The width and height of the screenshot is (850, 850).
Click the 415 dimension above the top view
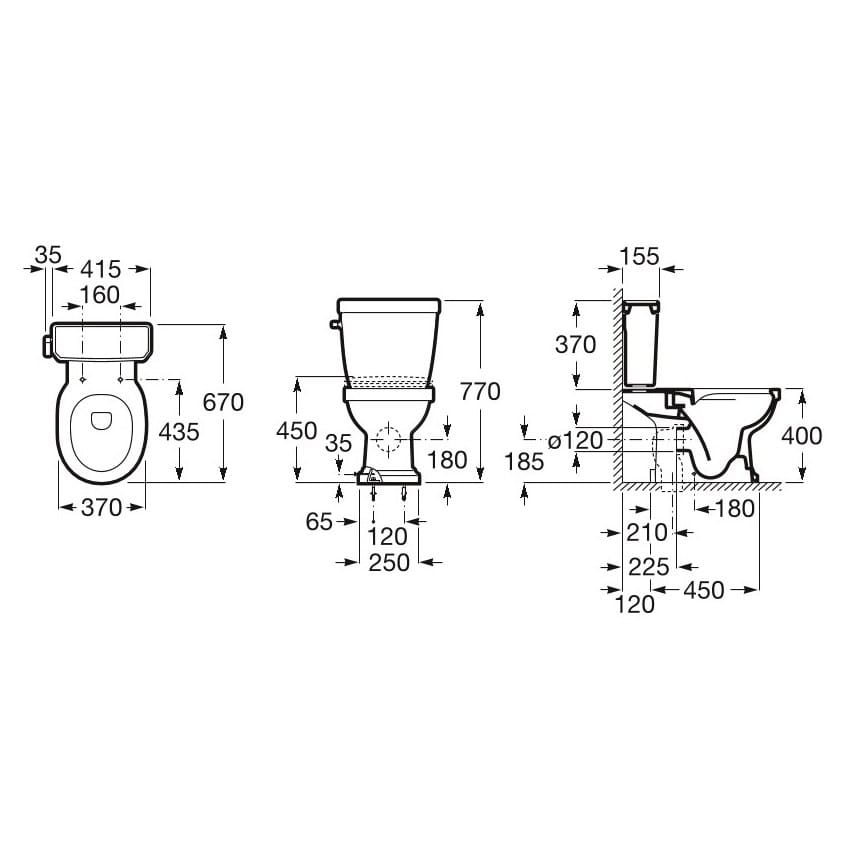coord(101,269)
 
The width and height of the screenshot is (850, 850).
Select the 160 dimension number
coord(100,295)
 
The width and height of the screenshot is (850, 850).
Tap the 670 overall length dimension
coord(223,403)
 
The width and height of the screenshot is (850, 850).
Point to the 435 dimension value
coord(179,432)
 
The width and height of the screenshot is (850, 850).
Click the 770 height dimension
coord(480,391)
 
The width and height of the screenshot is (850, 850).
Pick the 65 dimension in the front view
coord(319,521)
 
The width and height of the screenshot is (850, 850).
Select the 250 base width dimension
coord(389,562)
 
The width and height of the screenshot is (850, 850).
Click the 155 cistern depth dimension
coord(640,256)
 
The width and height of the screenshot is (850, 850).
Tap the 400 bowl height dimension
coord(802,436)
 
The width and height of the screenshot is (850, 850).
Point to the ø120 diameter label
coord(575,441)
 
